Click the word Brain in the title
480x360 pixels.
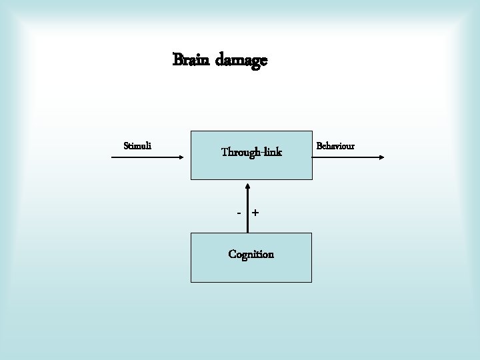pos(191,60)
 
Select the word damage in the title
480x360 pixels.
pos(241,60)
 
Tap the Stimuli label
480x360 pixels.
pos(137,145)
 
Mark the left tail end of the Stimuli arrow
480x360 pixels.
pos(110,157)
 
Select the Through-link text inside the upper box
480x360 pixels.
pos(251,153)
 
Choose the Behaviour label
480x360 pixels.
pos(335,145)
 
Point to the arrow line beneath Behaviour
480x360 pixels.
pos(347,157)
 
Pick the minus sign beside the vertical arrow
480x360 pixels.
pos(239,213)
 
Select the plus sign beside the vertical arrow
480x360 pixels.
pos(255,213)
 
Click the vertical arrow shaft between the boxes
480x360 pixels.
pos(247,210)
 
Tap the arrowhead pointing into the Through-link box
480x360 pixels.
pos(247,183)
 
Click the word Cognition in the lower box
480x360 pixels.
pos(251,254)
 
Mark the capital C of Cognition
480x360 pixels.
pos(232,254)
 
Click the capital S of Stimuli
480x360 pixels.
pos(127,145)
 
